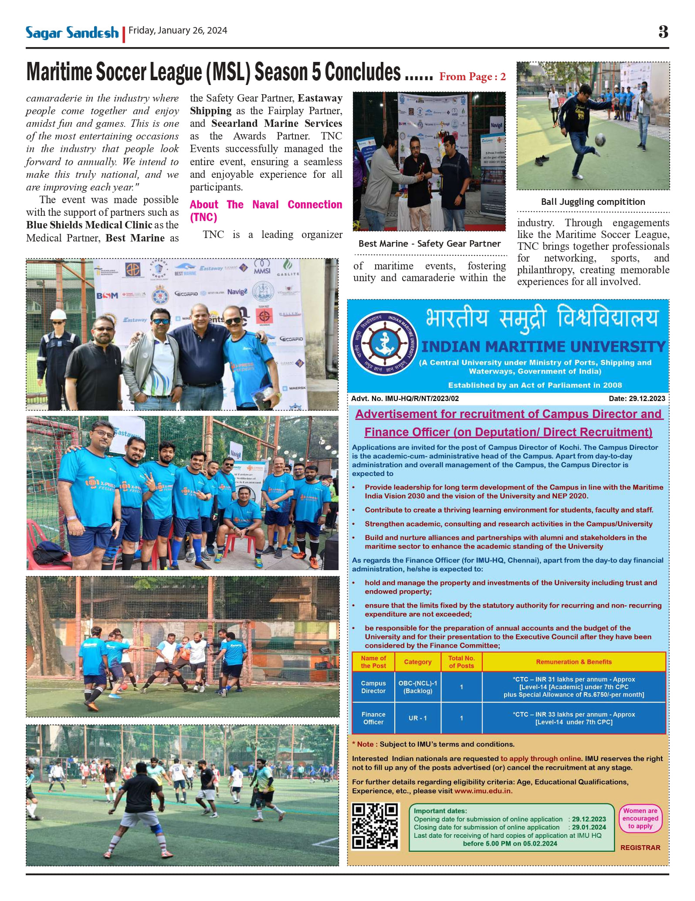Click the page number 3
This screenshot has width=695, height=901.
tap(663, 32)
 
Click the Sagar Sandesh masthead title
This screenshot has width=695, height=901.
tap(72, 33)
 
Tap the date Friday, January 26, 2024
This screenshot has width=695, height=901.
tap(178, 31)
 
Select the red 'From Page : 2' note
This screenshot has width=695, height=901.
tap(472, 77)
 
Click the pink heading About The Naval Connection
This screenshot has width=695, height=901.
tap(266, 211)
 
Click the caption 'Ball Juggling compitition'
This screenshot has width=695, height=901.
tap(593, 202)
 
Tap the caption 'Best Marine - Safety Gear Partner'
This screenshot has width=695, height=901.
tap(429, 244)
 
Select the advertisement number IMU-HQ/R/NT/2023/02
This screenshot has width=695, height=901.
tap(405, 398)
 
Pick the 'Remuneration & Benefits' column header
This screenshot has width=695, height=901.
tap(573, 662)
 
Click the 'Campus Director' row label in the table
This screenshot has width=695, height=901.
tap(373, 687)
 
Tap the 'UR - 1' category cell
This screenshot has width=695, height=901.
tap(417, 718)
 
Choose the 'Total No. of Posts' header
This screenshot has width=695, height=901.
tap(461, 662)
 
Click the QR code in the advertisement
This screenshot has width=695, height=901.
tap(375, 827)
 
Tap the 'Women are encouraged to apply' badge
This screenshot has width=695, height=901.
tap(640, 819)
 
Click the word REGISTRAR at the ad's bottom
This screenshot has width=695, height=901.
tap(640, 848)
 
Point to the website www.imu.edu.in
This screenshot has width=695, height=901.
tap(483, 791)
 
